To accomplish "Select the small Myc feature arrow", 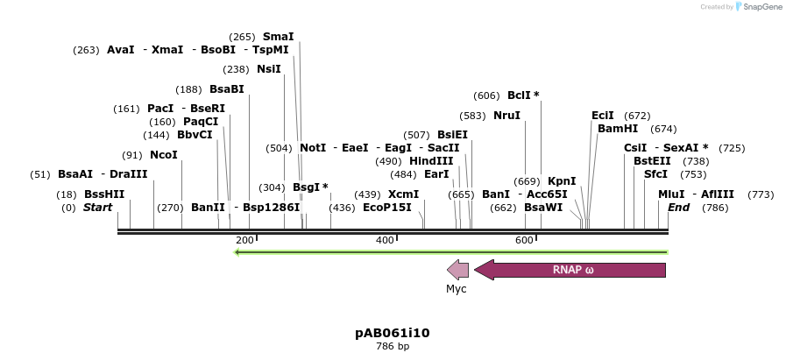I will pyautogui.click(x=457, y=270).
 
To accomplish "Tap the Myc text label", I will pyautogui.click(x=457, y=288).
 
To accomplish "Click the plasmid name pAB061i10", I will pyautogui.click(x=392, y=333).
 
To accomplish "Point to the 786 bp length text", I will pyautogui.click(x=392, y=347).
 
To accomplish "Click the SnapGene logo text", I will pyautogui.click(x=759, y=7).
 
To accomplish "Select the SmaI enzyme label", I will pyautogui.click(x=278, y=37).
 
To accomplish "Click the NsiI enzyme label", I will pyautogui.click(x=268, y=69).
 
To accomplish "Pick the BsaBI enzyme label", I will pyautogui.click(x=226, y=89).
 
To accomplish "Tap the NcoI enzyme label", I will pyautogui.click(x=163, y=155).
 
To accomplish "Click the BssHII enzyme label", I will pyautogui.click(x=104, y=194).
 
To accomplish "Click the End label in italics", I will pyautogui.click(x=678, y=208).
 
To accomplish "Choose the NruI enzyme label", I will pyautogui.click(x=506, y=116).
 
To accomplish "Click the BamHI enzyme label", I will pyautogui.click(x=618, y=129).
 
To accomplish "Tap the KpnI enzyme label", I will pyautogui.click(x=562, y=181).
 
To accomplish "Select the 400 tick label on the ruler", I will pyautogui.click(x=385, y=240).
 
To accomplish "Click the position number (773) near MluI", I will pyautogui.click(x=761, y=194).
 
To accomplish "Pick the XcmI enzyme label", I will pyautogui.click(x=404, y=194).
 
